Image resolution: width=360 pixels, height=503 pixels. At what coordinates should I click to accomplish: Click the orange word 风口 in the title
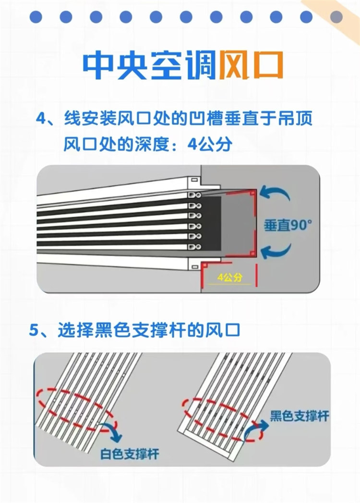click(251, 65)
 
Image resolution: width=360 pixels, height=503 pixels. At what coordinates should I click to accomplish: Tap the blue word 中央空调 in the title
click(149, 65)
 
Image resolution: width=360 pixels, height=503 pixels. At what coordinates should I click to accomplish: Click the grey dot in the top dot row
click(336, 17)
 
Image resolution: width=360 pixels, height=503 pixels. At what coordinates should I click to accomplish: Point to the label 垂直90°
click(288, 225)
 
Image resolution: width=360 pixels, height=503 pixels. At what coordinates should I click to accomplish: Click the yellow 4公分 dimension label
click(229, 278)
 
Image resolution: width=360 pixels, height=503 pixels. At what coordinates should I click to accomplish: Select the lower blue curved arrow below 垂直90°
click(276, 252)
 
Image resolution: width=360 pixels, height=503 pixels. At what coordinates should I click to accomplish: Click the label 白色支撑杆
click(129, 454)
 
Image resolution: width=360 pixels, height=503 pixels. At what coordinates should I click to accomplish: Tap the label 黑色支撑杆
click(300, 416)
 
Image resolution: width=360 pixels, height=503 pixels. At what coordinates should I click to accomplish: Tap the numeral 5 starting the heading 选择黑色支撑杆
click(34, 331)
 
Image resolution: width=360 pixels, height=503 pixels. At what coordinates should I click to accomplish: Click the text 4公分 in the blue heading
click(210, 144)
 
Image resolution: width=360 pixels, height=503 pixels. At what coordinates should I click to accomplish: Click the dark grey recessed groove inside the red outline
click(238, 223)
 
